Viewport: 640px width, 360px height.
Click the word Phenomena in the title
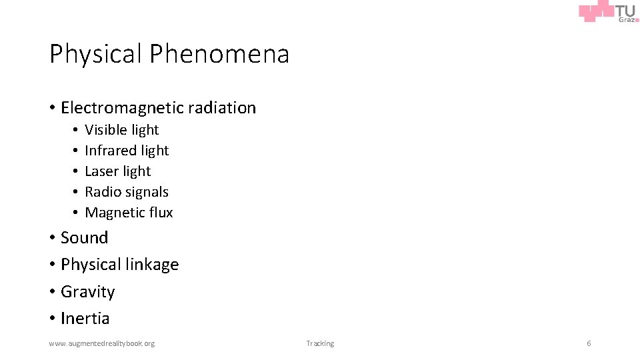(x=219, y=54)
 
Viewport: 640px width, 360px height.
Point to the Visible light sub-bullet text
(x=122, y=130)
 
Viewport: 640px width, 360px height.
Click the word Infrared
(x=110, y=151)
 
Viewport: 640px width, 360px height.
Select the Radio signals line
(x=127, y=192)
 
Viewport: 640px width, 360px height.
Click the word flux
(x=161, y=213)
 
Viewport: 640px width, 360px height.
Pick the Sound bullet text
(x=84, y=238)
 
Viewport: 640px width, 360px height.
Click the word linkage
(x=151, y=265)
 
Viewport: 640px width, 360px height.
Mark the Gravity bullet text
(x=87, y=292)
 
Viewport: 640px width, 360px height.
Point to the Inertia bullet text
(x=85, y=319)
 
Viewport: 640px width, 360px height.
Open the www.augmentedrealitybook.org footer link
(x=101, y=343)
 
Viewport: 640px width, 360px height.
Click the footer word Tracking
(x=320, y=343)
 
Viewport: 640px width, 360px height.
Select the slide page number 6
(x=589, y=343)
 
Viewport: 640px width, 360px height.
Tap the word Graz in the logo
(x=626, y=20)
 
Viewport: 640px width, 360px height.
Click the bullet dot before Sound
(x=52, y=238)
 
